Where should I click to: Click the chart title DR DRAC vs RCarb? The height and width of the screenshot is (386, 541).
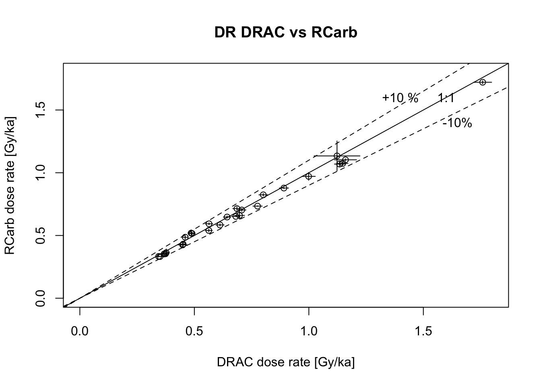286,32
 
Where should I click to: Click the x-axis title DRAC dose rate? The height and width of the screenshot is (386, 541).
286,362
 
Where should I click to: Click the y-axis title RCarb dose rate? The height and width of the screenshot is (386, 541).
10,186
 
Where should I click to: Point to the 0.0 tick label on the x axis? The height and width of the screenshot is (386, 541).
80,331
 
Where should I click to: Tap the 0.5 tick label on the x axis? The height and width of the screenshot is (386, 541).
194,331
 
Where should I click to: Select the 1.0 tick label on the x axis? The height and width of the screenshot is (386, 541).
309,331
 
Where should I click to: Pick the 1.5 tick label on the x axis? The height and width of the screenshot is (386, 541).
423,331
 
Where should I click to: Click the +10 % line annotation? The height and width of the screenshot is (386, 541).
400,98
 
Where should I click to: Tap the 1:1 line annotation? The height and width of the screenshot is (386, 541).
446,98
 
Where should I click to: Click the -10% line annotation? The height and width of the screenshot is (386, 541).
457,123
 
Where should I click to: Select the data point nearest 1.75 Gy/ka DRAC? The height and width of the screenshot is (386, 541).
483,82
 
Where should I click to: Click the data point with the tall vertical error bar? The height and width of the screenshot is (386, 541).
337,156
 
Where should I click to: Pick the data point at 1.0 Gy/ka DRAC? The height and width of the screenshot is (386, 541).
309,176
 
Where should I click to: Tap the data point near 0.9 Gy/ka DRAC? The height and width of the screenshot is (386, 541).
284,188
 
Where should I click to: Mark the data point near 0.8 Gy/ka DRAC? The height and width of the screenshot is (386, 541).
263,195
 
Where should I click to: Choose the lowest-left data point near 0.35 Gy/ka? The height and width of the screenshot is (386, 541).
159,257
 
